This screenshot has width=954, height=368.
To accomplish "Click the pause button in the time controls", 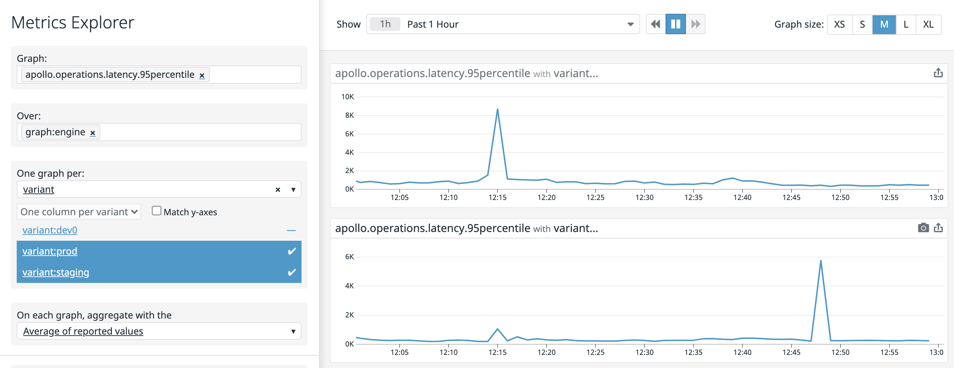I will [x=675, y=24].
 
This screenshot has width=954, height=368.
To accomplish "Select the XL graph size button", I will [x=928, y=24].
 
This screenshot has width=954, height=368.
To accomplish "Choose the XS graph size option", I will [x=839, y=24].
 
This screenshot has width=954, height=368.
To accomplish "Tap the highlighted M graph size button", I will [x=884, y=24].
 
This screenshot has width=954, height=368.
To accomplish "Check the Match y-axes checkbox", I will [x=156, y=211].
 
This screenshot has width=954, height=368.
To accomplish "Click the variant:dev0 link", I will [x=50, y=230].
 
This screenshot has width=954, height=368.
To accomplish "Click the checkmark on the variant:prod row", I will [x=291, y=251].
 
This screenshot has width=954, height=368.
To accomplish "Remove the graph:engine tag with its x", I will [x=93, y=133].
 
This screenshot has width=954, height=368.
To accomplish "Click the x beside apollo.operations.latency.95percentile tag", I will [x=202, y=75].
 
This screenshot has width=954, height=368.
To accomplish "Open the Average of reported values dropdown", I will [x=158, y=331].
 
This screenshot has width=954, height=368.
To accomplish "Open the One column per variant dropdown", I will [x=78, y=212].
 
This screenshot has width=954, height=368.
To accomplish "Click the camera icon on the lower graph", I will [x=923, y=228].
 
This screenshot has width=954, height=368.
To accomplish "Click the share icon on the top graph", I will [x=938, y=73].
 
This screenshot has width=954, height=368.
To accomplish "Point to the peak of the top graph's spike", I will [x=497, y=109].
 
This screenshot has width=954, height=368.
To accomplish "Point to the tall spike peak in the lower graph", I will [x=821, y=260].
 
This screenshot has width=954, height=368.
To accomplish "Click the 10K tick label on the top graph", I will [x=347, y=97].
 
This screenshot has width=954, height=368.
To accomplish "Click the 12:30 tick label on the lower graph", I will [x=644, y=352].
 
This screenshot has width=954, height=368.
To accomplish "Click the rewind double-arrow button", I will [x=655, y=24].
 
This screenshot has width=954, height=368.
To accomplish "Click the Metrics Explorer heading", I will [x=73, y=23].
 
